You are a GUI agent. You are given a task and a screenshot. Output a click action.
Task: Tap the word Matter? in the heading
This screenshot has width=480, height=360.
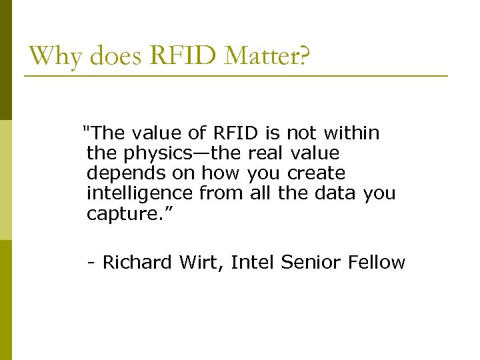click(267, 56)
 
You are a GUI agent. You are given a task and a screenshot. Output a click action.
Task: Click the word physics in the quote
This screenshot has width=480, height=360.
click(150, 153)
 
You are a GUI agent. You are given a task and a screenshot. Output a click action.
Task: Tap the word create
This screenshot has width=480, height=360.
click(316, 173)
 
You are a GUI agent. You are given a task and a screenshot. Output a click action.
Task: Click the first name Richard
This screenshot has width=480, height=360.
click(138, 262)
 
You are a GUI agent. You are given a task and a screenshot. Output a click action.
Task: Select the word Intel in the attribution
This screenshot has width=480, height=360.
click(253, 262)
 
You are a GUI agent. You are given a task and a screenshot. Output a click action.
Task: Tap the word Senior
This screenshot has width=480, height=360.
click(311, 262)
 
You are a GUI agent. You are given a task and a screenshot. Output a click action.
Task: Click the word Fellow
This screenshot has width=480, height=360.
click(377, 262)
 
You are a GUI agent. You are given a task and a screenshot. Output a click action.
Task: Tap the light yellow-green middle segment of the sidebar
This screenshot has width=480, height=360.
click(6, 180)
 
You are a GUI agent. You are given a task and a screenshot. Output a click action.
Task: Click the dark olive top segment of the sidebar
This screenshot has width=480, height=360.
click(6, 60)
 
